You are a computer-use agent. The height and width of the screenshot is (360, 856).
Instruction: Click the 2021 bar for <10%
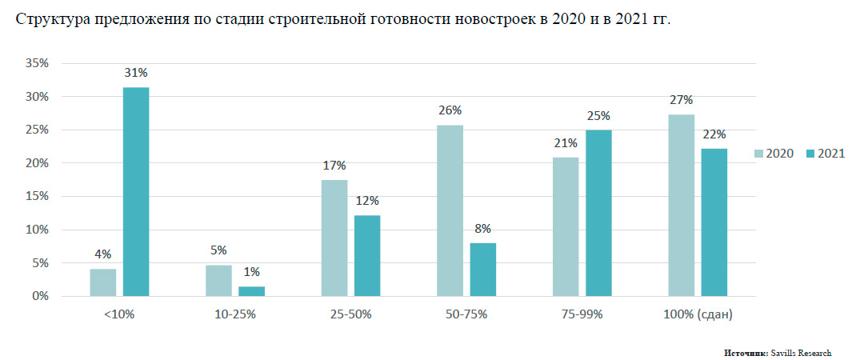pyautogui.click(x=135, y=192)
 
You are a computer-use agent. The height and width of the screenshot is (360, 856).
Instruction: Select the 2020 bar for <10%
pyautogui.click(x=102, y=282)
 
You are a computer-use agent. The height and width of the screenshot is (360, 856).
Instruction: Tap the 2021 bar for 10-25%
pyautogui.click(x=251, y=291)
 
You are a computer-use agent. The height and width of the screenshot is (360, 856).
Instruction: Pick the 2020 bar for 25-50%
pyautogui.click(x=334, y=238)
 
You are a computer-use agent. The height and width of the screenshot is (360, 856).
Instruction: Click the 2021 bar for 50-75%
pyautogui.click(x=482, y=270)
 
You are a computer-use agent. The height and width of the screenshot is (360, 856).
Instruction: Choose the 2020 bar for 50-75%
pyautogui.click(x=450, y=210)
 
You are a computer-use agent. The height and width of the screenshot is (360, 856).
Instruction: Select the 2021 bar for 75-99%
pyautogui.click(x=598, y=214)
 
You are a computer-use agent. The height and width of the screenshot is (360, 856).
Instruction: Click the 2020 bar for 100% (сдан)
pyautogui.click(x=681, y=206)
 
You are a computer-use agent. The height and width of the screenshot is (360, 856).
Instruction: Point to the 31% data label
pyautogui.click(x=135, y=73)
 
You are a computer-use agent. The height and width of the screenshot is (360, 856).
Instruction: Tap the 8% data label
pyautogui.click(x=482, y=228)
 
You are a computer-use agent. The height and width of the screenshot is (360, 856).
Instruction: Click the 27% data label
pyautogui.click(x=682, y=99)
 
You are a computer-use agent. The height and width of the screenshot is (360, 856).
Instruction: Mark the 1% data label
pyautogui.click(x=251, y=272)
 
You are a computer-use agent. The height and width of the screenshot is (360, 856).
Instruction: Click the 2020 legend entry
pyautogui.click(x=774, y=154)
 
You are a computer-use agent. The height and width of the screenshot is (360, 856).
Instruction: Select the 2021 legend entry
pyautogui.click(x=824, y=154)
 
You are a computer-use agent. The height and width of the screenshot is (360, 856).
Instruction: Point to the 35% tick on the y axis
pyautogui.click(x=38, y=63)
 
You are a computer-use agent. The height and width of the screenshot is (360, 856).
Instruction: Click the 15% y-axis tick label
pyautogui.click(x=38, y=196)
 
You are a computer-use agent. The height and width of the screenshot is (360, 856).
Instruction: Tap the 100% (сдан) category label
pyautogui.click(x=697, y=314)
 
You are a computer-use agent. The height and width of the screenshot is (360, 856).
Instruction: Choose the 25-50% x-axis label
pyautogui.click(x=351, y=314)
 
